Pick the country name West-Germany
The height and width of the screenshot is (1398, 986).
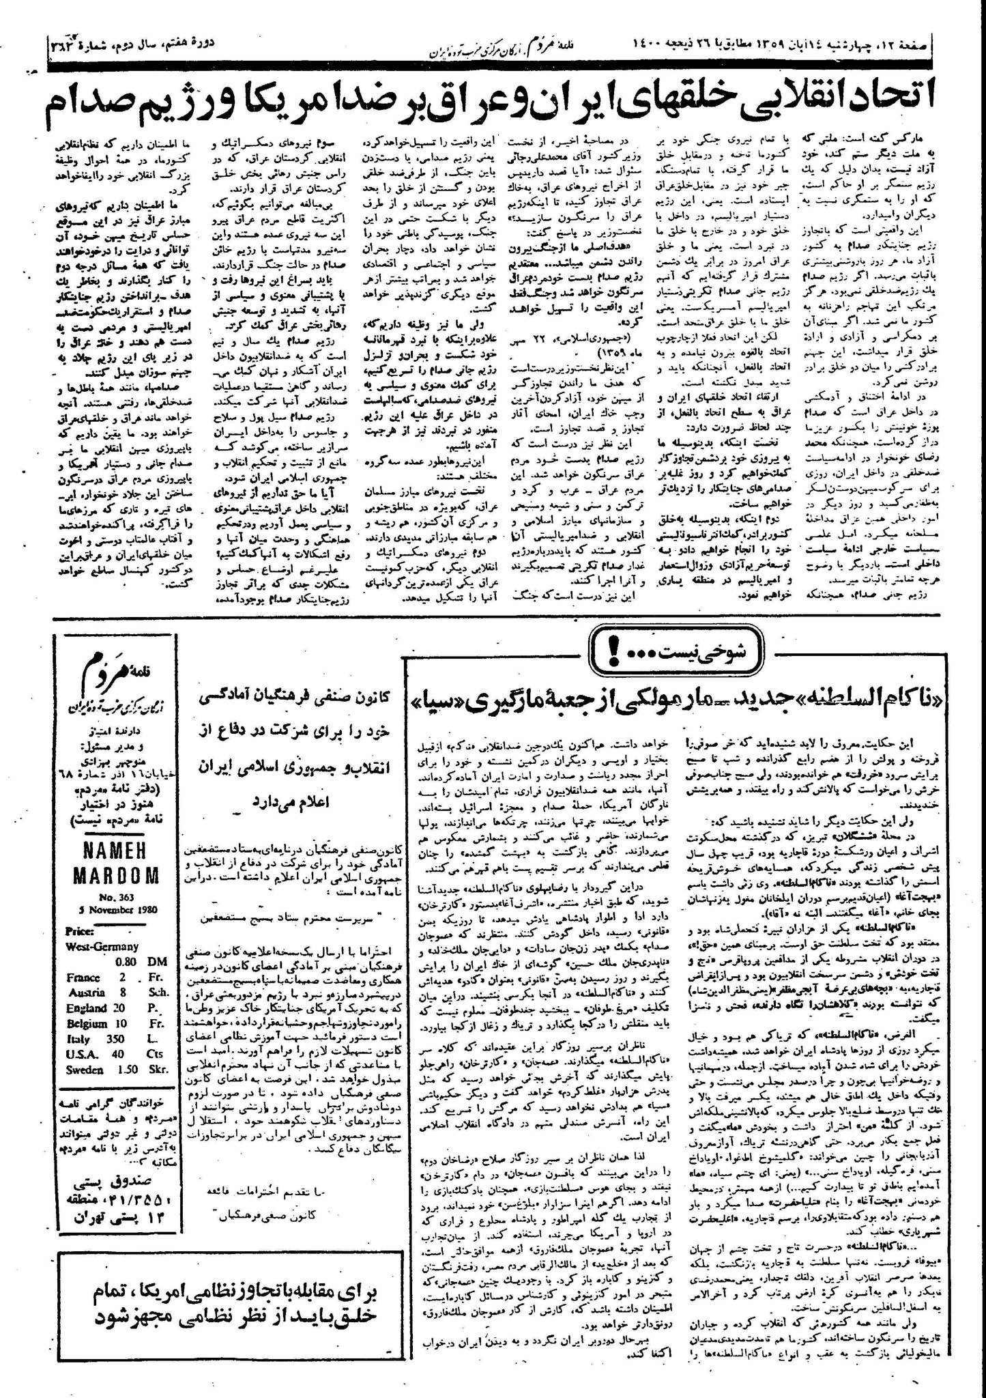[x=102, y=946]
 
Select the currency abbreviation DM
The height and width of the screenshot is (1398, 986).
[x=156, y=961]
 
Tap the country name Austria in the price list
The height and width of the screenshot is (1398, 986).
[x=86, y=992]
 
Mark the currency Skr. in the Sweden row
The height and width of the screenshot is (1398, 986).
[x=158, y=1070]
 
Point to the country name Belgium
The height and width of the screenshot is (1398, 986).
[x=87, y=1023]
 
